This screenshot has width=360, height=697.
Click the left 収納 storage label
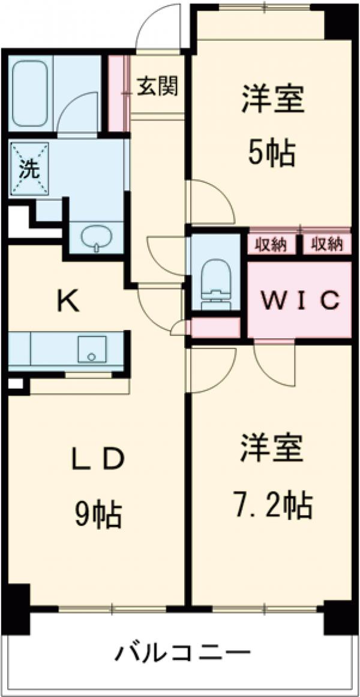point(272,244)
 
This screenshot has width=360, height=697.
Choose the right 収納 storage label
point(326,244)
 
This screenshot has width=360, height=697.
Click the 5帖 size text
point(272,155)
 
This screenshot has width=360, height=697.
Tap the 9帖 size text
point(98,514)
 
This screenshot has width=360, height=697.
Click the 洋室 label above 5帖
point(273,100)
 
